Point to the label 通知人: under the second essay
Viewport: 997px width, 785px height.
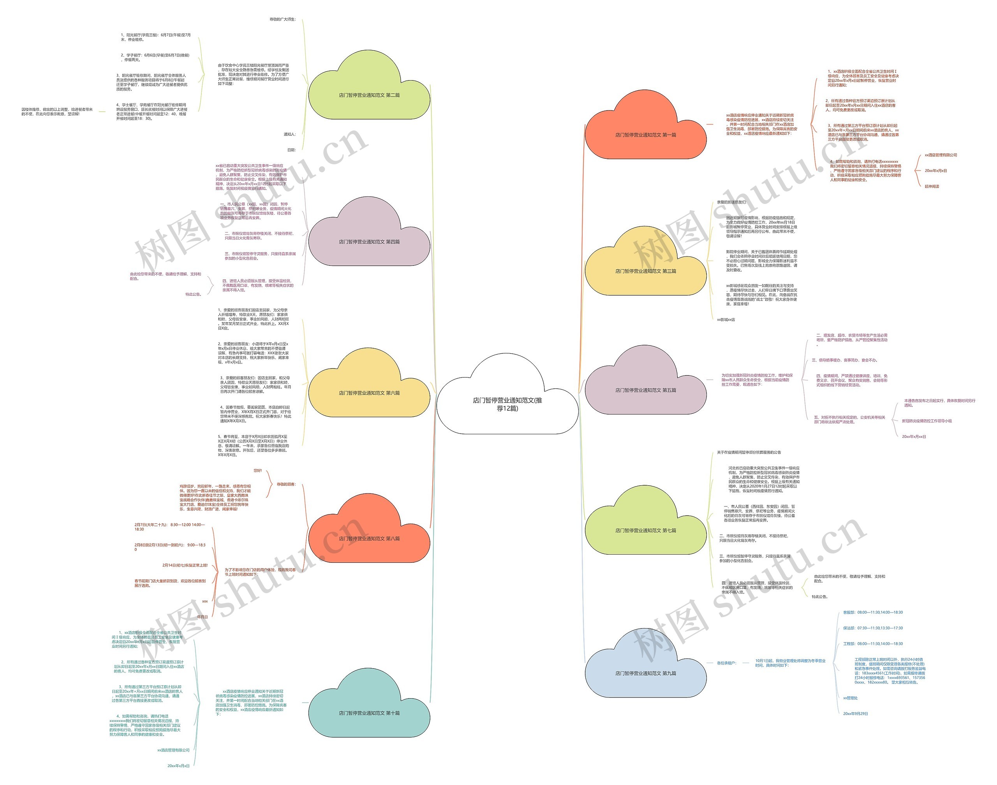point(289,134)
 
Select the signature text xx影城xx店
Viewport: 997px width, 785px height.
point(726,320)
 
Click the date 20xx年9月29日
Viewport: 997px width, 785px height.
point(855,714)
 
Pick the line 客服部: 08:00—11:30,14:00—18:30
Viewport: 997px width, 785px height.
point(872,612)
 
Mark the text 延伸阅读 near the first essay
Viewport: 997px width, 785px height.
point(932,186)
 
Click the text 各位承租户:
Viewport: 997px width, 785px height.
point(726,663)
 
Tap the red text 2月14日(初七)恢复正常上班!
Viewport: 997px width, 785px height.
point(185,565)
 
